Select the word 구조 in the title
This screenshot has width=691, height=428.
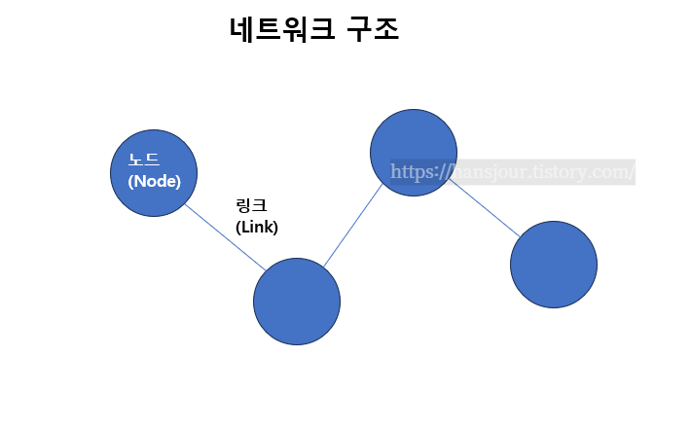point(373,29)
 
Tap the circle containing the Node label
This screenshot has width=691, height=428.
point(154,173)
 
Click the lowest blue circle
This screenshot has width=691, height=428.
point(297,302)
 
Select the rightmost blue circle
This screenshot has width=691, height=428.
point(554,265)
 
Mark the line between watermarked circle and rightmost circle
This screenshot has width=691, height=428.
point(485,207)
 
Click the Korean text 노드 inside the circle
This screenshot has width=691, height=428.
point(144,160)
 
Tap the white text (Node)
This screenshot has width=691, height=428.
point(155,181)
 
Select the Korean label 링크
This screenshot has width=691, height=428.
point(251,206)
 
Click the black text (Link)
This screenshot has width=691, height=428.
point(257,228)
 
